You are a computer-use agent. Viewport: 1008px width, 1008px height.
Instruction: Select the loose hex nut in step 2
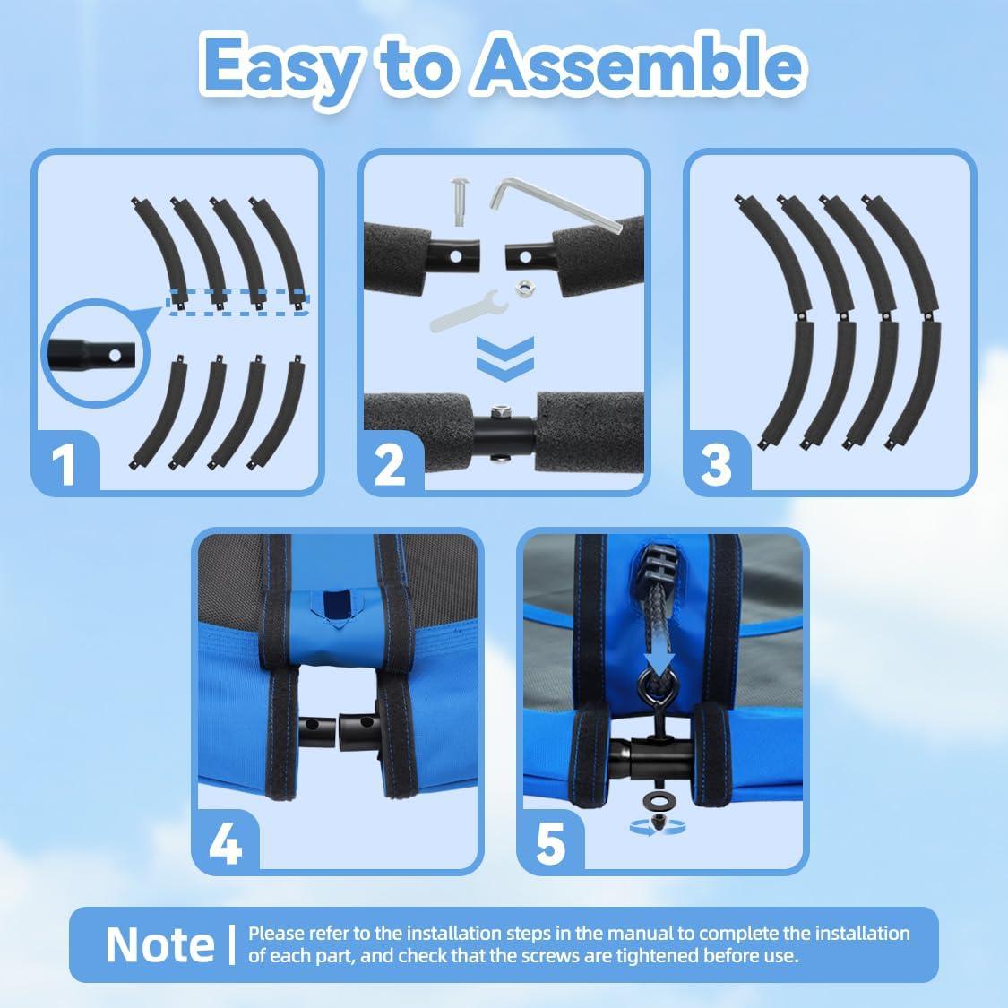(x=522, y=288)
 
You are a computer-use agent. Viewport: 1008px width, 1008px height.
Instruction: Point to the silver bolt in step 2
(x=459, y=202)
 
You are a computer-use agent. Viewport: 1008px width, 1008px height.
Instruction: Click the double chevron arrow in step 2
(x=505, y=358)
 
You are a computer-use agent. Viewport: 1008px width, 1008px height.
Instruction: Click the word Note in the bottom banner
(x=160, y=944)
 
